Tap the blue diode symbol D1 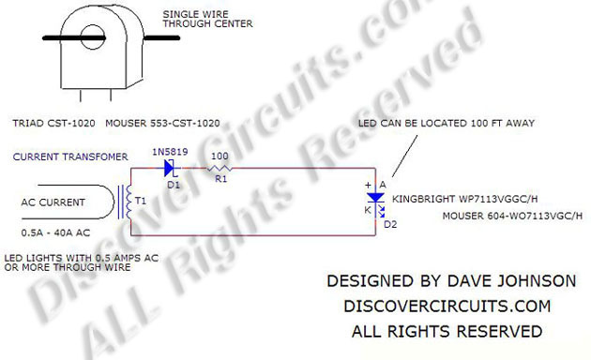170,169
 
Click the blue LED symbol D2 375,198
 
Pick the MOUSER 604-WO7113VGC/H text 513,217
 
